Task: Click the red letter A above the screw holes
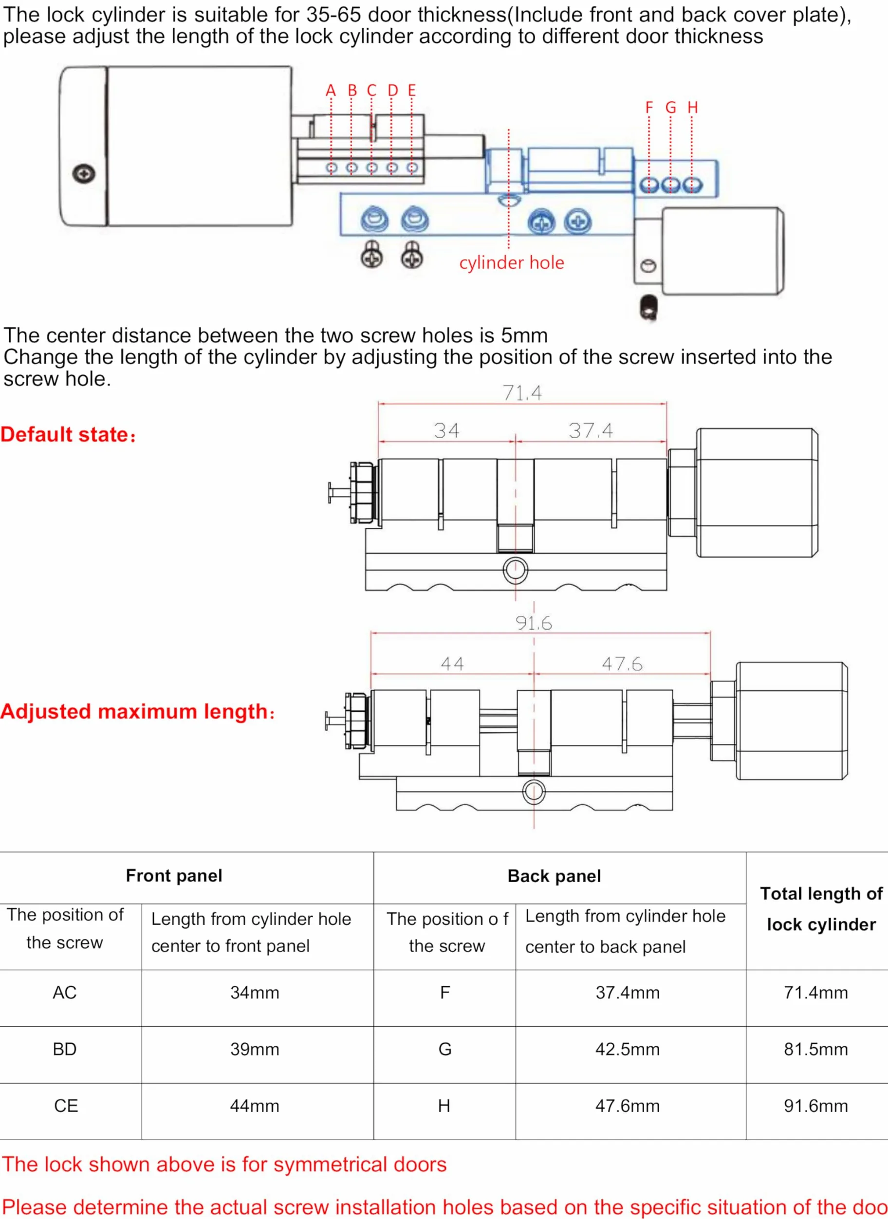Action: click(331, 90)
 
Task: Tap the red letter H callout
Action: click(692, 108)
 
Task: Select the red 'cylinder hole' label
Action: click(511, 262)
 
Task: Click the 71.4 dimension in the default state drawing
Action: click(522, 393)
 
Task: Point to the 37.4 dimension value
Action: click(591, 430)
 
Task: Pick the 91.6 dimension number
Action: click(534, 623)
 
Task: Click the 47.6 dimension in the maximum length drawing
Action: click(622, 664)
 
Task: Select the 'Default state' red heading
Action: click(68, 434)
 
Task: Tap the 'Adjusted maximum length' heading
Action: click(138, 712)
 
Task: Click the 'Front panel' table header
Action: click(174, 876)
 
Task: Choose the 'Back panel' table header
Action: click(554, 876)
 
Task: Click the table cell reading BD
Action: click(64, 1049)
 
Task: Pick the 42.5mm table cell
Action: click(628, 1049)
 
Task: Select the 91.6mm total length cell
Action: click(815, 1106)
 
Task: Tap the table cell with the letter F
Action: click(444, 992)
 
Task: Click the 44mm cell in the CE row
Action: click(254, 1106)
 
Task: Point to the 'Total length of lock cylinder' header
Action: click(821, 909)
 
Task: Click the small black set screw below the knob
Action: click(649, 309)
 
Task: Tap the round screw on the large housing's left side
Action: click(84, 174)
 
